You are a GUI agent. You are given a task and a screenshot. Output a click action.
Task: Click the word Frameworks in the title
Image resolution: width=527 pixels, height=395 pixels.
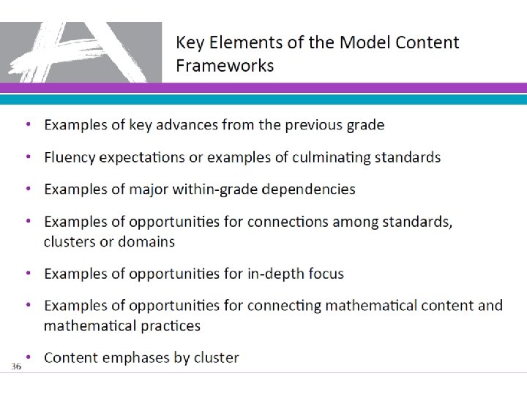pyautogui.click(x=225, y=66)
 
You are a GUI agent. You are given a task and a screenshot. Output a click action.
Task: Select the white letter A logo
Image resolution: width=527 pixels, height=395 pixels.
pyautogui.click(x=81, y=53)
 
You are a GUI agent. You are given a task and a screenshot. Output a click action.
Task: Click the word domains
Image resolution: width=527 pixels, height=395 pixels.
pyautogui.click(x=149, y=241)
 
